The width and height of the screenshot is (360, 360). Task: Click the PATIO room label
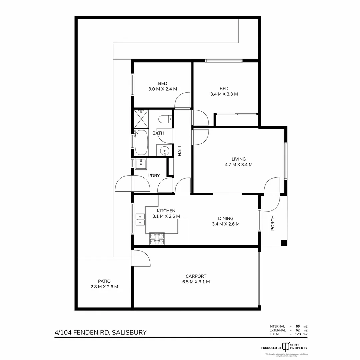[x=104, y=281]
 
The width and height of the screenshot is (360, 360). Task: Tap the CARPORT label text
[x=196, y=276]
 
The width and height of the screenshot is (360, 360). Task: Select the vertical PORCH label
[x=273, y=223]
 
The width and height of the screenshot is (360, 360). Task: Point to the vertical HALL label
[x=180, y=150]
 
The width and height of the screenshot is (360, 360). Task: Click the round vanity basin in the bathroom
[x=164, y=151]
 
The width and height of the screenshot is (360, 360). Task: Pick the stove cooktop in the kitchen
[x=157, y=238]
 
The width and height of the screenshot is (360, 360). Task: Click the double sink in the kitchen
[x=140, y=219]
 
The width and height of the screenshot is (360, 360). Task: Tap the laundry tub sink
[x=141, y=164]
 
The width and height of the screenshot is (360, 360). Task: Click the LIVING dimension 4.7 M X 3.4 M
[x=239, y=164]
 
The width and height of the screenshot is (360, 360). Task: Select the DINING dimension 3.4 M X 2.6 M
[x=226, y=224]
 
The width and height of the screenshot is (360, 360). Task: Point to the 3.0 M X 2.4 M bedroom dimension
[x=163, y=89]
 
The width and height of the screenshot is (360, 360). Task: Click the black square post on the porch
[x=284, y=243]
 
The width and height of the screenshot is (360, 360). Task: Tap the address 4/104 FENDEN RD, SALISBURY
[x=100, y=332]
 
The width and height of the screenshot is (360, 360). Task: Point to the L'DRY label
[x=154, y=176]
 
